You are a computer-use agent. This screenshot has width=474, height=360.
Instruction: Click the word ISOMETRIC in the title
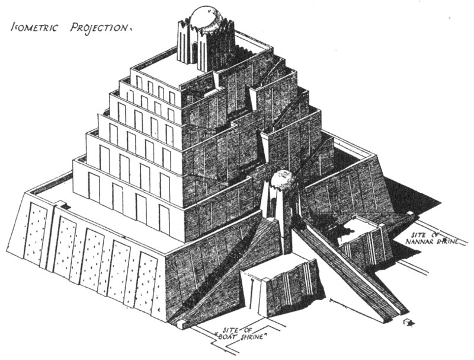pyautogui.click(x=34, y=27)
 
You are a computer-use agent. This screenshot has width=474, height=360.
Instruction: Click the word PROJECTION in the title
pyautogui.click(x=100, y=27)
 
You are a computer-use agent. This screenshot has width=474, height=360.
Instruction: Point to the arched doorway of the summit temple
pyautogui.click(x=194, y=52)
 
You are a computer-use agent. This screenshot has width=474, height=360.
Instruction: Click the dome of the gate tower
pyautogui.click(x=283, y=180)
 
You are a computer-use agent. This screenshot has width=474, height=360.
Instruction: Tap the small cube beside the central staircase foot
pyautogui.click(x=409, y=322)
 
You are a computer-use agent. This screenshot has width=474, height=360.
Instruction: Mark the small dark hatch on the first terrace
pyautogui.click(x=65, y=206)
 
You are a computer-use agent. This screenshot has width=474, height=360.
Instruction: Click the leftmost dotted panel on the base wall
pyautogui.click(x=36, y=235)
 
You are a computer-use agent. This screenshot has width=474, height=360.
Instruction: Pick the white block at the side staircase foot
pyautogui.click(x=181, y=324)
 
